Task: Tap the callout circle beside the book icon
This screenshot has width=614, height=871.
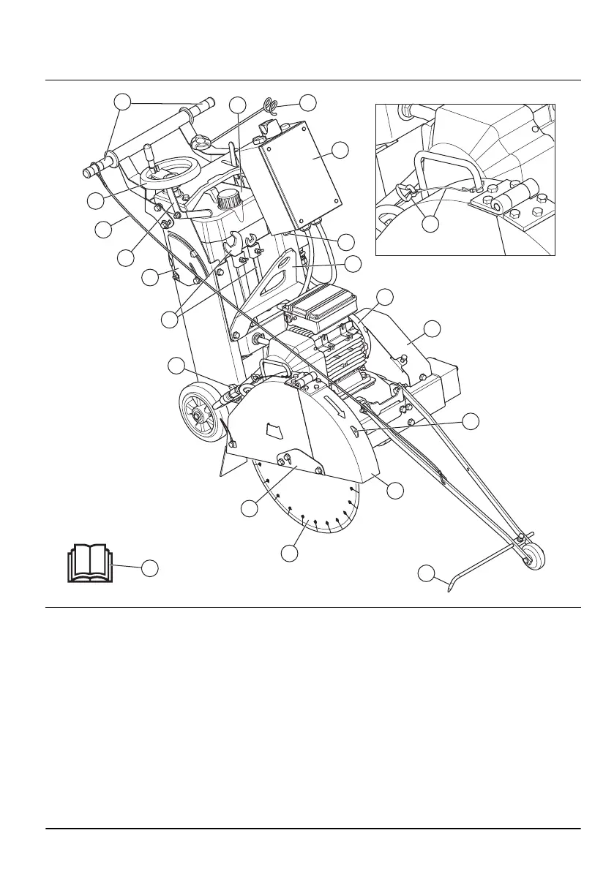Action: pyautogui.click(x=150, y=568)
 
